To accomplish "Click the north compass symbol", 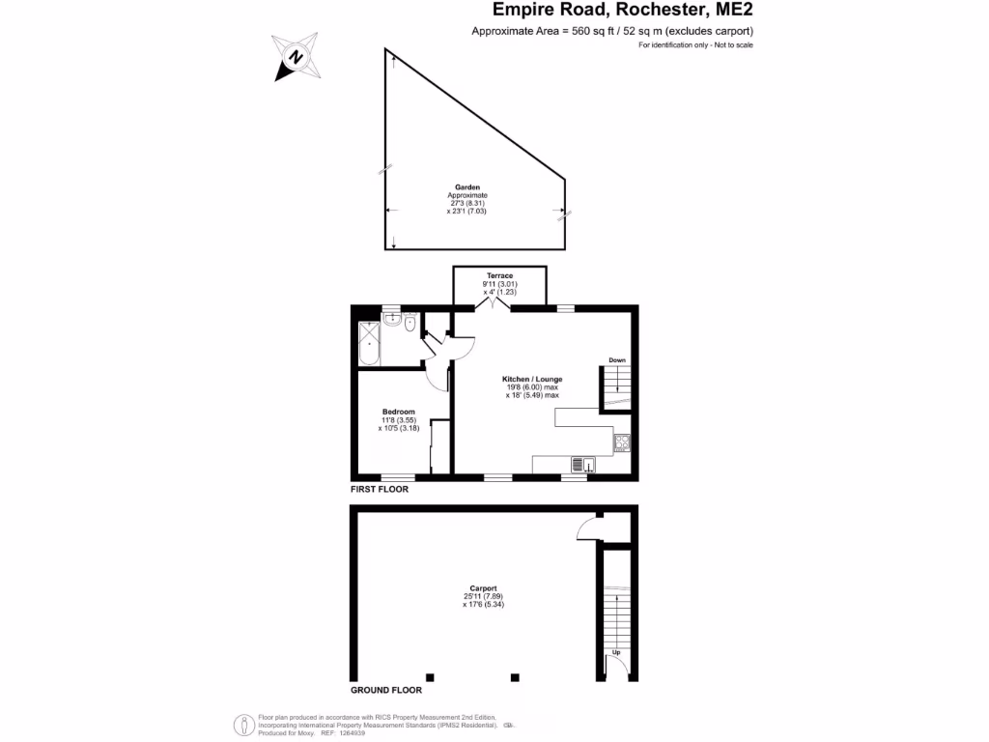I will click(x=296, y=56).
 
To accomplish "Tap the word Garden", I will click(x=467, y=187).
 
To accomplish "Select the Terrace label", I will click(x=499, y=276).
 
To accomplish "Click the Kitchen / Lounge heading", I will click(x=532, y=379).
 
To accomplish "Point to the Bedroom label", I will click(x=398, y=412).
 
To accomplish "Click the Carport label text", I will click(x=483, y=588).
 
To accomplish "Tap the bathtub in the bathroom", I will click(x=369, y=344).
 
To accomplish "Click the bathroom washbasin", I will click(x=391, y=321).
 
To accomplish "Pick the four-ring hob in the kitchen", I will click(x=621, y=443).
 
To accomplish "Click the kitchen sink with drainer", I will click(x=582, y=465).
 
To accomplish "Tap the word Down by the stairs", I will click(x=617, y=360).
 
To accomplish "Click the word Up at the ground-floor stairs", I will click(x=616, y=654).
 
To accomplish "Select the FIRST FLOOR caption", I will click(x=380, y=490).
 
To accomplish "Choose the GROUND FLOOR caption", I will click(x=386, y=691).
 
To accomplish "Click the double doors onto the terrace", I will click(x=495, y=303).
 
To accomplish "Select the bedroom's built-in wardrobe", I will click(x=439, y=446).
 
